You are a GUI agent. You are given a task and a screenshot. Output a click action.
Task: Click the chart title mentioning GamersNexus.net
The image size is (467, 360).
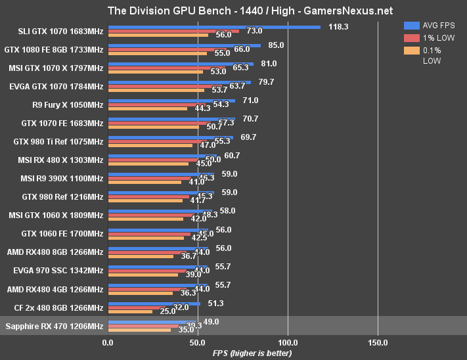click(233, 11)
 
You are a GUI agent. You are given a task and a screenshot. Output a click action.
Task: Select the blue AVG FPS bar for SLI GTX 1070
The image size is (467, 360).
click(213, 27)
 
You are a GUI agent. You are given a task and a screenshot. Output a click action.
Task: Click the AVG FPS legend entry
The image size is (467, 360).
click(430, 25)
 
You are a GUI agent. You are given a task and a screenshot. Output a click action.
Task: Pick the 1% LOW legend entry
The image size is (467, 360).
click(430, 37)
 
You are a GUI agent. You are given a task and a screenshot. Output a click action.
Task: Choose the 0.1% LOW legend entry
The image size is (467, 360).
click(430, 55)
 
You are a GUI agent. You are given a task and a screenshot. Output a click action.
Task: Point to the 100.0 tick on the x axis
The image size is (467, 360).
click(288, 342)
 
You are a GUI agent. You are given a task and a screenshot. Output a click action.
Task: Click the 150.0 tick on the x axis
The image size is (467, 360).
click(378, 342)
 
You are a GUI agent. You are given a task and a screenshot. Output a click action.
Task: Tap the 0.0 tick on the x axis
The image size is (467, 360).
click(108, 342)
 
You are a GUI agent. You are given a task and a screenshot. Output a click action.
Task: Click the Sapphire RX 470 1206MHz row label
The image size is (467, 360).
click(54, 326)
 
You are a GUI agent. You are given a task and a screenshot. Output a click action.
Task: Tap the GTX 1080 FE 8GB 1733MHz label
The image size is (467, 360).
click(54, 49)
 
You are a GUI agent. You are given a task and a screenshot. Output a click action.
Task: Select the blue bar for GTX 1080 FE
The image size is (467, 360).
click(184, 45)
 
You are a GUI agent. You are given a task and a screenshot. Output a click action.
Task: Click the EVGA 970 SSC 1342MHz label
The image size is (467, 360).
click(58, 271)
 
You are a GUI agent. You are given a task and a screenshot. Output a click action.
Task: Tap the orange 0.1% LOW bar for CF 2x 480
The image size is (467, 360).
click(129, 311)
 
